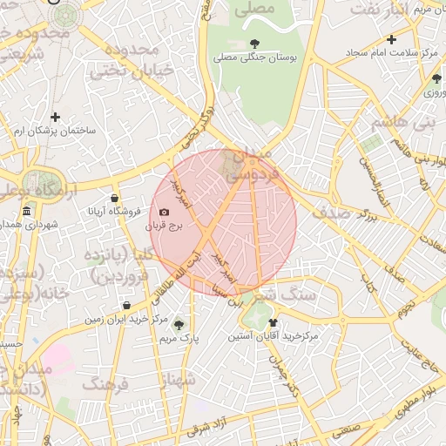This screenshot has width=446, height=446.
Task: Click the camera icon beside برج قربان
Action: pos(165,212)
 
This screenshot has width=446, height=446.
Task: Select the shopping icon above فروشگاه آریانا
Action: pos(115,198)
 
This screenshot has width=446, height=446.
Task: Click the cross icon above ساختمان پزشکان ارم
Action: pos(56,117)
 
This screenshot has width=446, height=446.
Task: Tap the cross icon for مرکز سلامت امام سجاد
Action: pos(392,39)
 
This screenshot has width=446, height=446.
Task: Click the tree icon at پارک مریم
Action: pos(179,324)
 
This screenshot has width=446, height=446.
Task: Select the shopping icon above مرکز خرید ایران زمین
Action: pos(127,306)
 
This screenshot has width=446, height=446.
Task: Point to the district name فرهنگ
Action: pos(105,383)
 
